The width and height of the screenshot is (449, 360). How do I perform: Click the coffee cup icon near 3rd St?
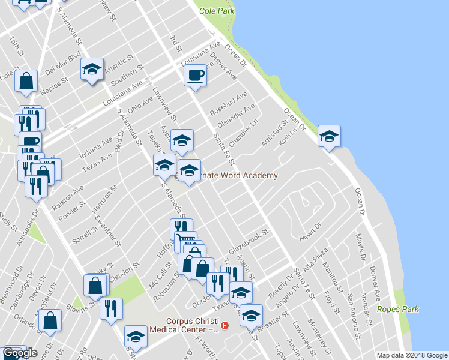pos(196,76)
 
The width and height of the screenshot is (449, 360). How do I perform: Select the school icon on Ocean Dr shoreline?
pos(328,136)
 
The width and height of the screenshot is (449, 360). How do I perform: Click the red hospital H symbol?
pos(224,326)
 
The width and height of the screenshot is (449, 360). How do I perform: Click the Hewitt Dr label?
pos(310,231)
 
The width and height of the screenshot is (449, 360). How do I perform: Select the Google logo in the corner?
pos(20,353)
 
